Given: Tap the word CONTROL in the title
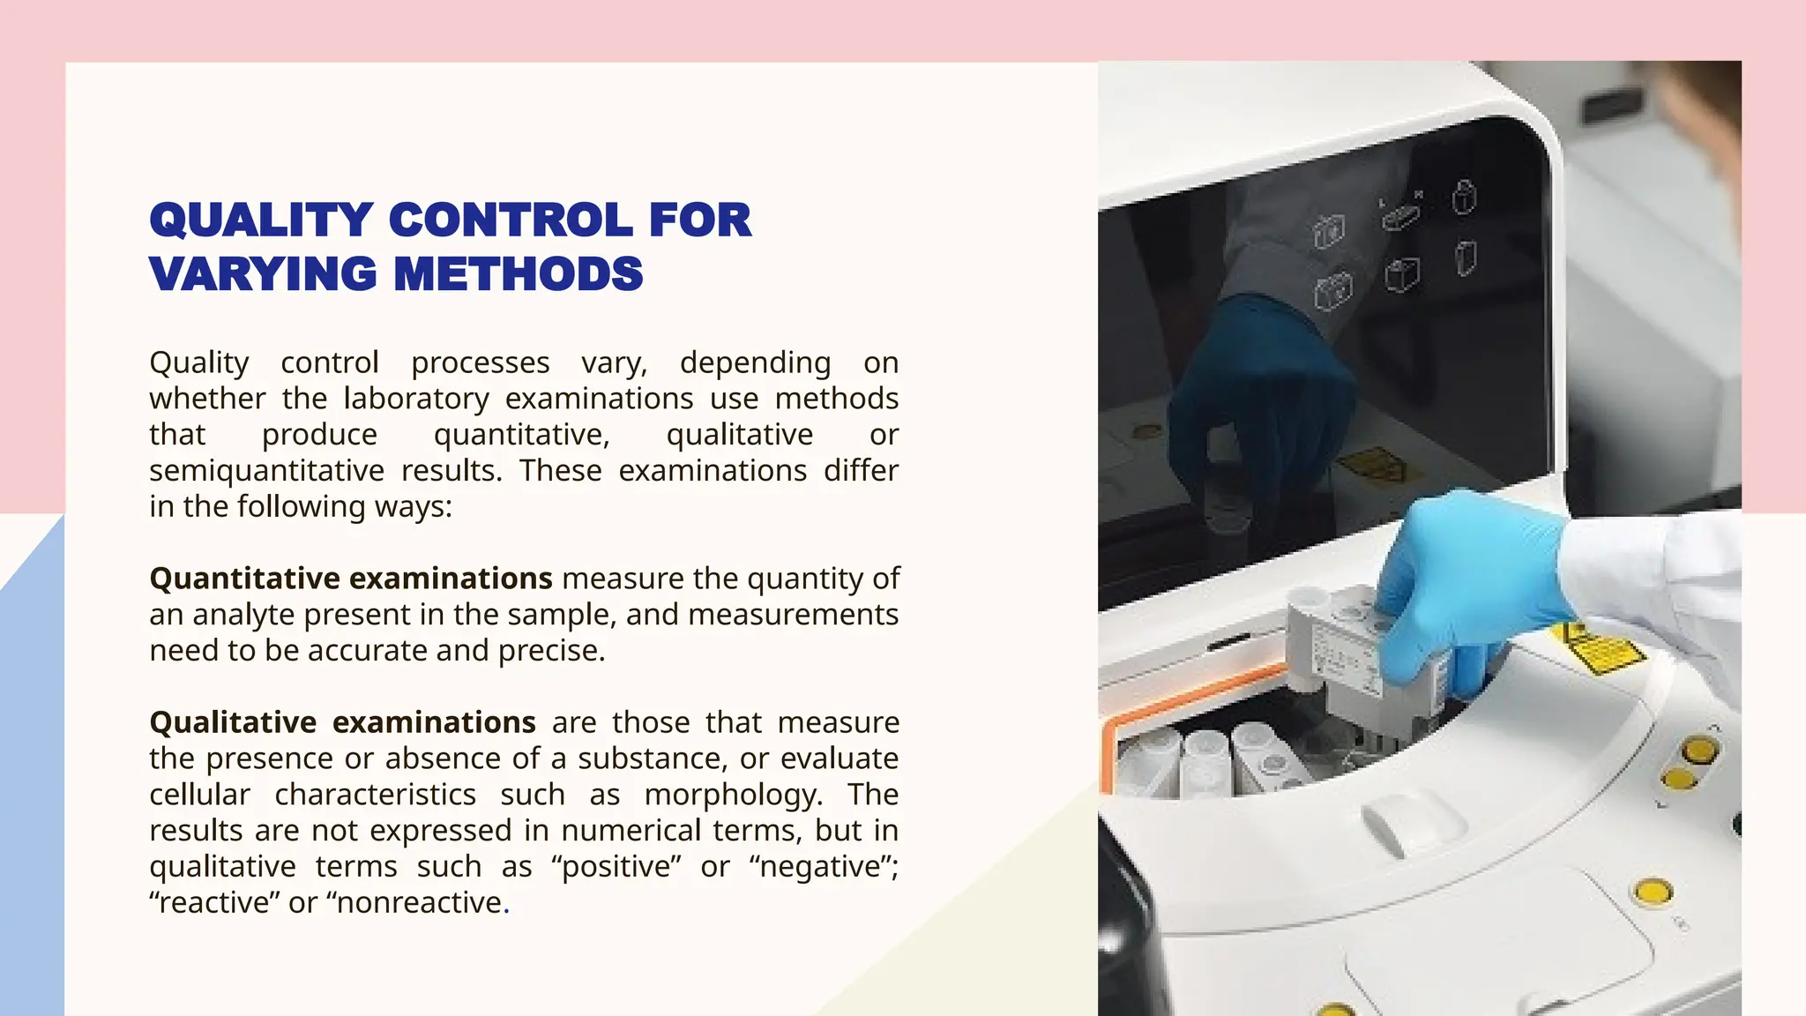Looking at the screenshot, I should pyautogui.click(x=510, y=220).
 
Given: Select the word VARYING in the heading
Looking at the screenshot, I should pyautogui.click(x=263, y=273).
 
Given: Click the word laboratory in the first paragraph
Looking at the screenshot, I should pyautogui.click(x=416, y=399).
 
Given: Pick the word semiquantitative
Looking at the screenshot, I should pyautogui.click(x=266, y=471).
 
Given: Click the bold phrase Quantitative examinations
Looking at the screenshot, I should pyautogui.click(x=351, y=579).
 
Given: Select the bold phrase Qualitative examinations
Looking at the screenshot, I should pyautogui.click(x=342, y=722).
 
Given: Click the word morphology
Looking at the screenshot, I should pyautogui.click(x=733, y=795).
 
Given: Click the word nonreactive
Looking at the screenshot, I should pyautogui.click(x=420, y=903).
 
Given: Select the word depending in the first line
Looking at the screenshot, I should pyautogui.click(x=755, y=362).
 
